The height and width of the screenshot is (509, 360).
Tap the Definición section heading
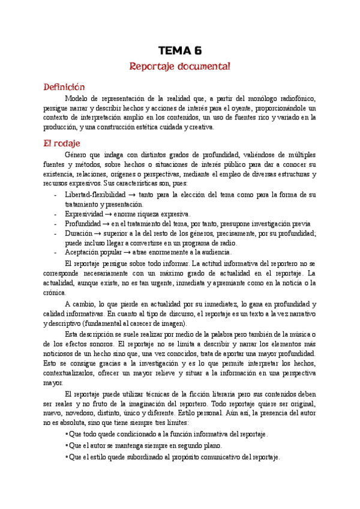(64, 87)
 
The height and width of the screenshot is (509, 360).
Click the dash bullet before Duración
(56, 233)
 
